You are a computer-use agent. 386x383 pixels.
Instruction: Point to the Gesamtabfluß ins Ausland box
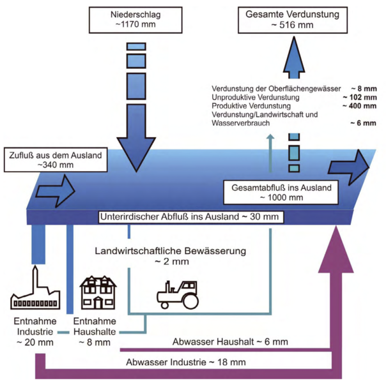pos(277,192)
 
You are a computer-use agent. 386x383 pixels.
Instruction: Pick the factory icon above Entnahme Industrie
pos(35,292)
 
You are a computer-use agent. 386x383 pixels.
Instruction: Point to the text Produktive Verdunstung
pos(251,105)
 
